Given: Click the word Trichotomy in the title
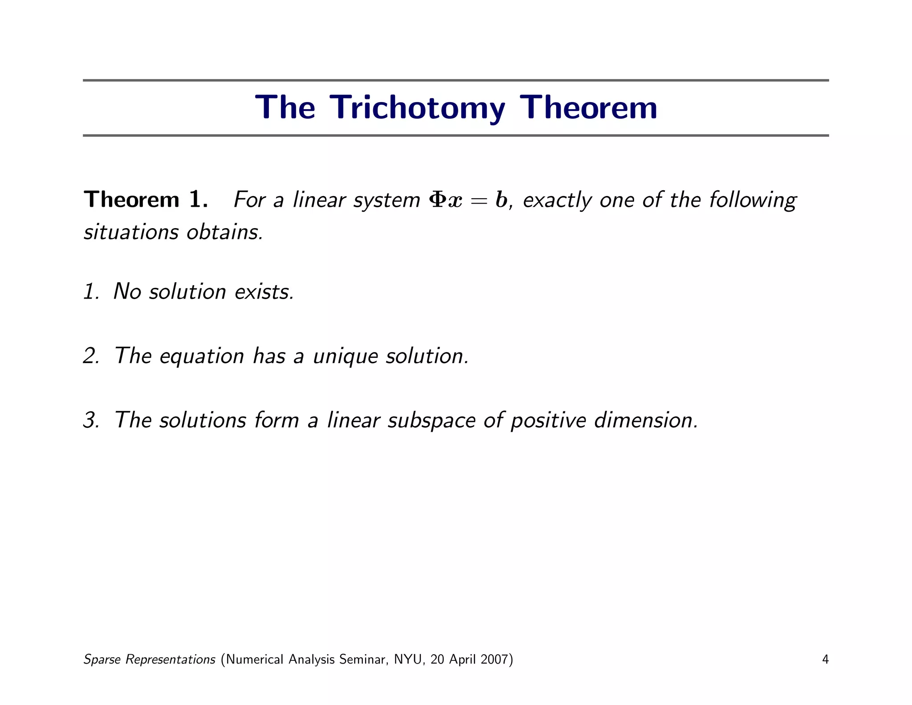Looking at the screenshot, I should tap(419, 108).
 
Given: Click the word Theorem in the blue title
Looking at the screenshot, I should tap(588, 108).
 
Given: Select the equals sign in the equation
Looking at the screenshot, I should tap(479, 201).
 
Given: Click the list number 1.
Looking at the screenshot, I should tap(90, 292).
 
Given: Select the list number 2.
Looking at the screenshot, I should tap(91, 356).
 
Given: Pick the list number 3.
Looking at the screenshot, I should tap(91, 420).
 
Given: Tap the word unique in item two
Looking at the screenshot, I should tap(345, 357).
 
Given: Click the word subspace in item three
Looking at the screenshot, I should tap(431, 421).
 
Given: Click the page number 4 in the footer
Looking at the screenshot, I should tap(825, 659).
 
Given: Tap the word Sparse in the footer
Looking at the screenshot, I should tap(102, 660).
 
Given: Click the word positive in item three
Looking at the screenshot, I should tap(548, 421).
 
